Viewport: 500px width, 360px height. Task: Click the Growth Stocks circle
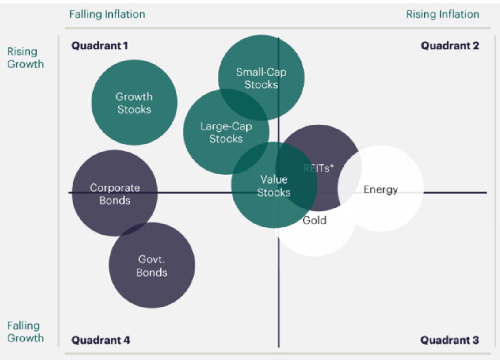click(x=134, y=102)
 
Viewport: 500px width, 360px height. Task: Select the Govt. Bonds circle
click(x=152, y=265)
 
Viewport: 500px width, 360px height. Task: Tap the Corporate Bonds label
click(x=115, y=194)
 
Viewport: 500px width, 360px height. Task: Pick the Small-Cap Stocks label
click(x=261, y=78)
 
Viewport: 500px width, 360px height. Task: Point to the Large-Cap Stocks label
click(x=226, y=133)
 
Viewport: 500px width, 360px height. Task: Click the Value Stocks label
click(x=274, y=186)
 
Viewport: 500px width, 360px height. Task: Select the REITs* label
click(x=318, y=168)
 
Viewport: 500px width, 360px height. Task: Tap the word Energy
click(x=381, y=189)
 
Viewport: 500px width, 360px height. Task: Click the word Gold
click(x=314, y=220)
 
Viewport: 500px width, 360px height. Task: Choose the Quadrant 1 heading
click(x=100, y=45)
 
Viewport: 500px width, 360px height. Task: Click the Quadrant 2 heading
click(x=450, y=45)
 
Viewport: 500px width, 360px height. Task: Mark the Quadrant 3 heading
click(x=450, y=340)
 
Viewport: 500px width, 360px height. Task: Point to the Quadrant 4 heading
click(x=101, y=340)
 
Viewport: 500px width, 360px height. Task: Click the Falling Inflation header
click(x=107, y=14)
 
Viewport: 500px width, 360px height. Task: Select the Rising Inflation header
click(x=443, y=14)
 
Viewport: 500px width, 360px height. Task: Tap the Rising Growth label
click(x=26, y=58)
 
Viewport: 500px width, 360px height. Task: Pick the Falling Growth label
click(x=26, y=332)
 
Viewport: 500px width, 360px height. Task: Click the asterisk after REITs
click(x=332, y=166)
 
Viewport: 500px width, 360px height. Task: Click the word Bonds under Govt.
click(x=152, y=272)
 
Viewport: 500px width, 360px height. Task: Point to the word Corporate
click(x=115, y=188)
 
